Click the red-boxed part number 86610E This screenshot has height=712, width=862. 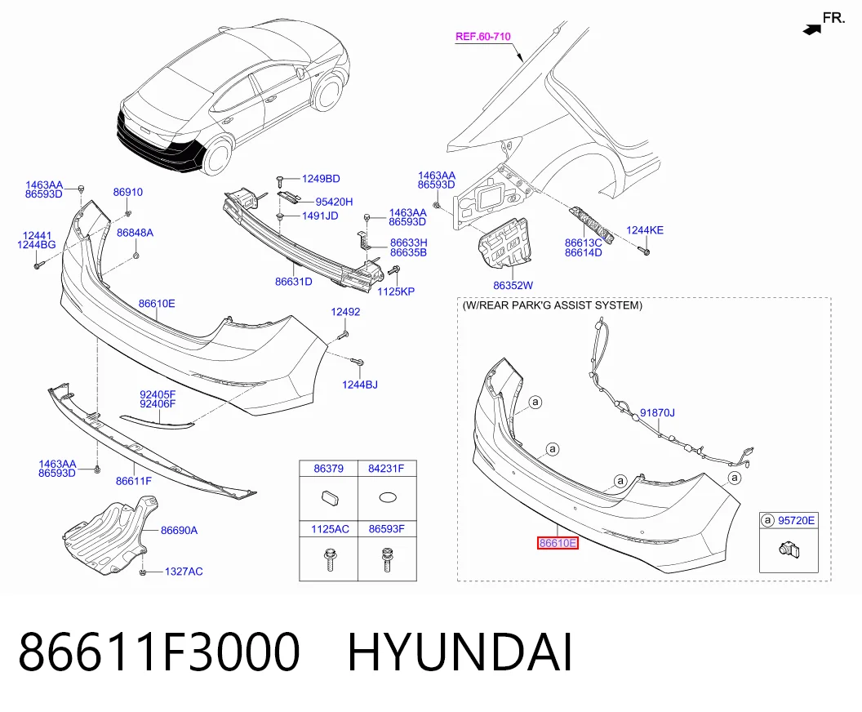(x=558, y=543)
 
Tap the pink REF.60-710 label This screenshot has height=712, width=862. (x=483, y=37)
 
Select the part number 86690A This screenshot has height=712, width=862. (x=180, y=531)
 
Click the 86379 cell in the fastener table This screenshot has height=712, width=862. (x=329, y=469)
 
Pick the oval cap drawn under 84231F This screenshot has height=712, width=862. (x=388, y=497)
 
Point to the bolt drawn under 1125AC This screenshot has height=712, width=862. (x=331, y=559)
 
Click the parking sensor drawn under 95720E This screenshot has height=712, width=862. (x=789, y=550)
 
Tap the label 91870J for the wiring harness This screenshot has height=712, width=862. (x=657, y=413)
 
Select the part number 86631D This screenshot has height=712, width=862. (x=294, y=282)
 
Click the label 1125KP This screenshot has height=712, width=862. (x=396, y=292)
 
